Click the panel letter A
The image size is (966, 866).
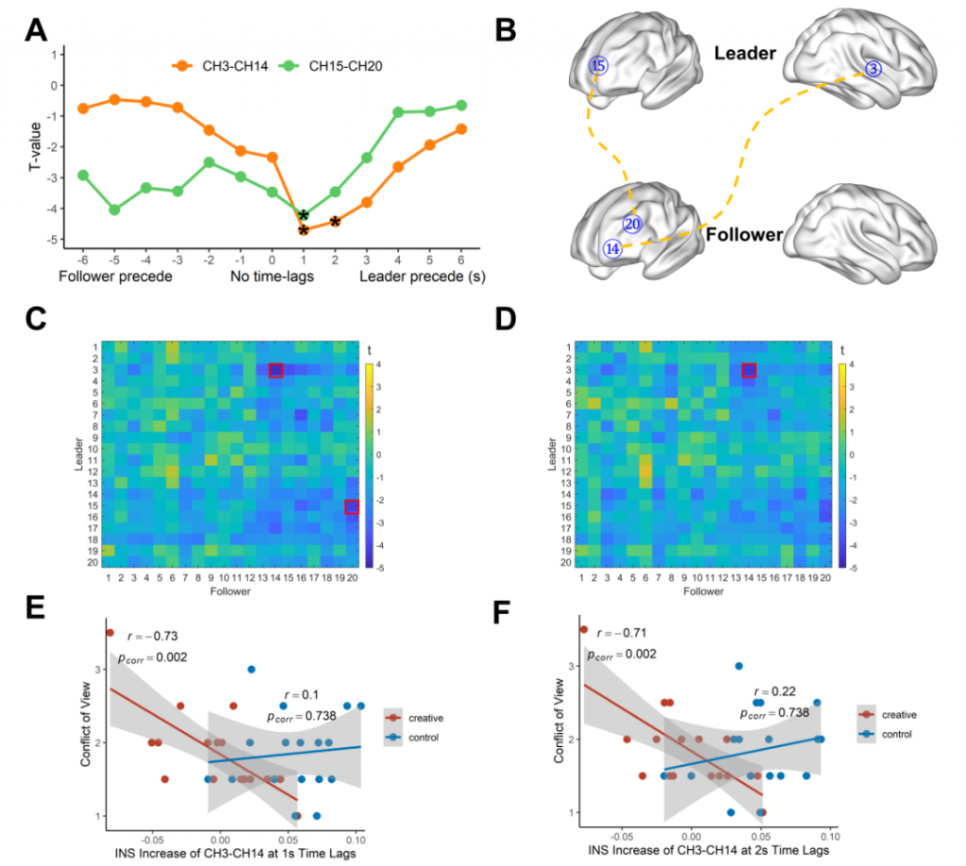pos(35,31)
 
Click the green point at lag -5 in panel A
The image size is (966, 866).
pos(114,209)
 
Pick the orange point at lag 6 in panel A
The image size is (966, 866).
pos(460,128)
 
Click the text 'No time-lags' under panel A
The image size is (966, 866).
pos(272,277)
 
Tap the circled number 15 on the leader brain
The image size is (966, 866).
pos(598,66)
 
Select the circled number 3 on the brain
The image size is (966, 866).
pos(874,69)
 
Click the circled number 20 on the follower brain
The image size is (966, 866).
pos(632,225)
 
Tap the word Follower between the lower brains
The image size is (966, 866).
pos(744,234)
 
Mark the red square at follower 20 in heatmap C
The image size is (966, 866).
pos(352,508)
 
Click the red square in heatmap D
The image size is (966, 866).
pos(749,371)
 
